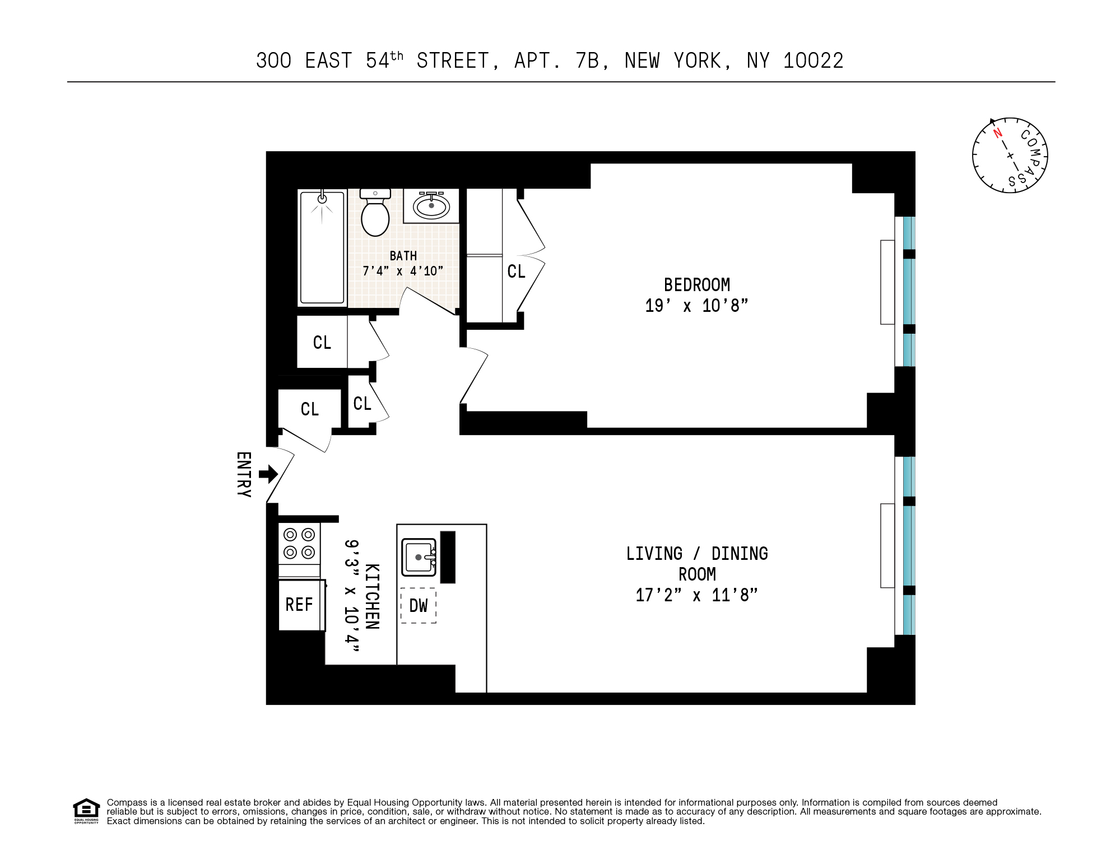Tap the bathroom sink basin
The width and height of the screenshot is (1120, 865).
[431, 206]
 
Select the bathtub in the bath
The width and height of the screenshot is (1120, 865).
[322, 247]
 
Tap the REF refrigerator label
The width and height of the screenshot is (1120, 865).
[299, 605]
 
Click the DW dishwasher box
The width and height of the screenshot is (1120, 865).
[418, 605]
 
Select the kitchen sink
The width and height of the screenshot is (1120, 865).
[419, 557]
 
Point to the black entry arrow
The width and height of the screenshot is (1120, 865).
[268, 475]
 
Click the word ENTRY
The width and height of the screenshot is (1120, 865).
[244, 475]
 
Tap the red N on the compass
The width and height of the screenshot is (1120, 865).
[997, 133]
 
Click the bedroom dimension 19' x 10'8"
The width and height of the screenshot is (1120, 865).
[696, 306]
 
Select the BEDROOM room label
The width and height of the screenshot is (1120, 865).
[696, 285]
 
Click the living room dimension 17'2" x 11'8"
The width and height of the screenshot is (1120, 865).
[696, 595]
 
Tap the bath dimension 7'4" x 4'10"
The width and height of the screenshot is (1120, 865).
[403, 272]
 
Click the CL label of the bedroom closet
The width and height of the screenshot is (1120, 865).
[516, 272]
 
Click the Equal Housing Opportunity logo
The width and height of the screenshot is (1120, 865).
[86, 811]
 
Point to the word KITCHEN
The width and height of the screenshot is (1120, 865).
[373, 596]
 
